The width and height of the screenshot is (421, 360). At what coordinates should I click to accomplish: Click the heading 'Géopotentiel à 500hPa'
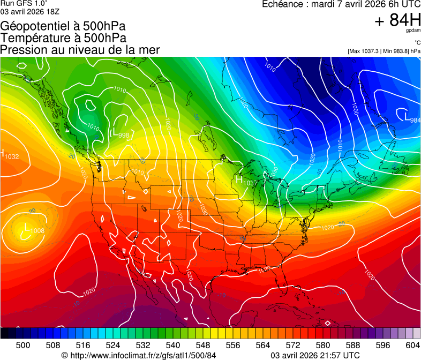click(x=63, y=26)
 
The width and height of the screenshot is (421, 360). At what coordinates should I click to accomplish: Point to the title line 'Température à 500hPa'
click(x=63, y=38)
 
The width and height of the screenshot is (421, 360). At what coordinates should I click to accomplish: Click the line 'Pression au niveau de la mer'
click(x=80, y=50)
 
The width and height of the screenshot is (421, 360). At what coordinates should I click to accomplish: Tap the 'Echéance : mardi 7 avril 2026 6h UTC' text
click(x=341, y=4)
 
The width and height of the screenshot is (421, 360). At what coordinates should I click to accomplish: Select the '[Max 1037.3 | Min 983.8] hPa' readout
click(x=384, y=51)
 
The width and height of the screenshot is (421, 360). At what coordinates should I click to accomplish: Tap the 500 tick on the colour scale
click(x=23, y=344)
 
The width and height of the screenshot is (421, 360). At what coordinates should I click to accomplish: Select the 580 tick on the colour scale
click(x=320, y=344)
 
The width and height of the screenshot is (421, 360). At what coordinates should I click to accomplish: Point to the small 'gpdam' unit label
click(x=414, y=31)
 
